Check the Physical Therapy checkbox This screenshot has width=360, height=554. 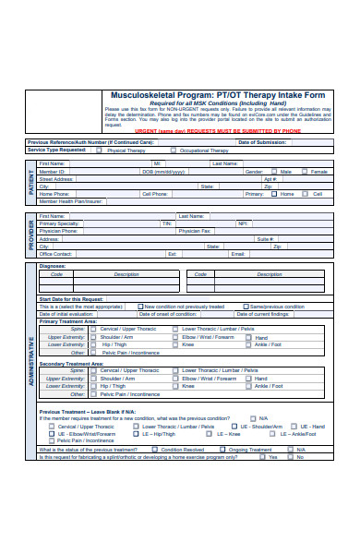coord(103,150)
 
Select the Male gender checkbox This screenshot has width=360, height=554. coord(273,172)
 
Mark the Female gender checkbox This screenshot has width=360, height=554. coord(306,172)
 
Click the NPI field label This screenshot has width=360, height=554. coord(243,223)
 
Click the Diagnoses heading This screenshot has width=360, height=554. coord(53,266)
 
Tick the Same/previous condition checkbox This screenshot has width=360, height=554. coord(246,307)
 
